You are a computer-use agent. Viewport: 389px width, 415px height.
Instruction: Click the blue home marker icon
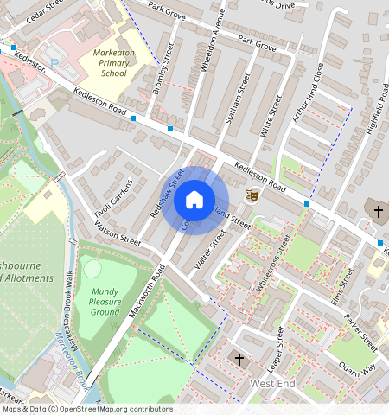coord(194,201)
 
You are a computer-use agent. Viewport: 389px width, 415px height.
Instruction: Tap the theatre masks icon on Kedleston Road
coord(252,195)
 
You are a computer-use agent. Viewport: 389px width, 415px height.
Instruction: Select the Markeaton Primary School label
coord(114,63)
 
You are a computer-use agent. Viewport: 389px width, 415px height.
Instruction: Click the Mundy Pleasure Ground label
coord(105,302)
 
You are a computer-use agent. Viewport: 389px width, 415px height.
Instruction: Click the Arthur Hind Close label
coord(307,91)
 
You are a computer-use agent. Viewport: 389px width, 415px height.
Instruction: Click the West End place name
coord(273,382)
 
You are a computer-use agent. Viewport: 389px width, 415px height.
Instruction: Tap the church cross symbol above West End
coord(239,357)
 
